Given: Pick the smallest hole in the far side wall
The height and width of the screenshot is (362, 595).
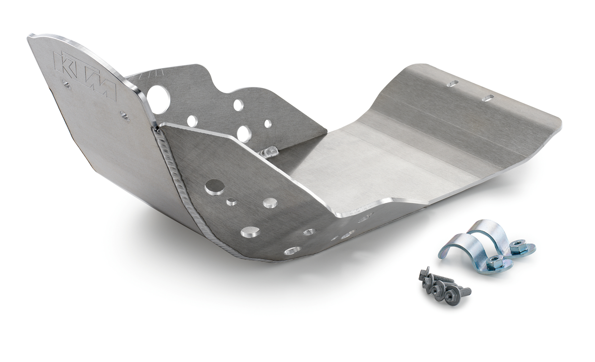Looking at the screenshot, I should pos(268,123).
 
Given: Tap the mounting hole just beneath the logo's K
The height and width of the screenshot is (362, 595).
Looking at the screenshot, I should pos(66,85).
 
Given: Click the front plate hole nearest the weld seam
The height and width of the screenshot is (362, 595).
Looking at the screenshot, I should pos(125,117).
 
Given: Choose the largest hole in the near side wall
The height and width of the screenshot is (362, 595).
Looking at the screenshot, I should pos(215,187).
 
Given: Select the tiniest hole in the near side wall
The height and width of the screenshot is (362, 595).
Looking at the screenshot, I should pos(231,202).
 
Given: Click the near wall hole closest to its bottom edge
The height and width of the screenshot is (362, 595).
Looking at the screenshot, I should pos(292,250).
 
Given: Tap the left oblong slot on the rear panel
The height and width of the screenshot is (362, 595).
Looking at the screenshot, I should pos(452,84).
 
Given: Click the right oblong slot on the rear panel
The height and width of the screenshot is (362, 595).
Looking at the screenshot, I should pos(487,98).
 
